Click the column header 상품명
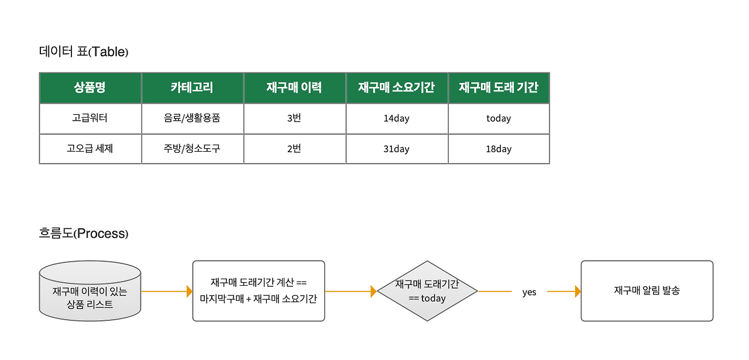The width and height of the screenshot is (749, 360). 90,88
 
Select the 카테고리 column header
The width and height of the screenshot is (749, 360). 193,88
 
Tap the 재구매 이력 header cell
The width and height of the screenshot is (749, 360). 294,88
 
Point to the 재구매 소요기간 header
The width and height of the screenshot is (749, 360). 397,88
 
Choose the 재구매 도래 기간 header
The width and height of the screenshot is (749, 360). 499,88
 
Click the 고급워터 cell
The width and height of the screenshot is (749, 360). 90,118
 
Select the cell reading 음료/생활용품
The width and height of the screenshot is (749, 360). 193,118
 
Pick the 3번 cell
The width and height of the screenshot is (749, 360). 294,118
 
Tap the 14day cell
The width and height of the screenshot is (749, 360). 397,118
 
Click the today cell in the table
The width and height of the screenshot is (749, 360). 499,118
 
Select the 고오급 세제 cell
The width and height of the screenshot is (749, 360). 90,149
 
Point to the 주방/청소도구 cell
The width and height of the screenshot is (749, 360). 193,149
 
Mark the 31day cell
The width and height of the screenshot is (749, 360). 397,149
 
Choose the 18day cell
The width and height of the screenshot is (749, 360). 499,149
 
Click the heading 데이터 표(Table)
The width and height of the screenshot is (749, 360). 84,52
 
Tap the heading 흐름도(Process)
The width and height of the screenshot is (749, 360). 84,233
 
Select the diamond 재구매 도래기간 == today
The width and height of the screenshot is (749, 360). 427,291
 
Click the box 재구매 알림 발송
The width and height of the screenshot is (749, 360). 647,291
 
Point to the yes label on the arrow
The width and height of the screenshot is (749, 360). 529,292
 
